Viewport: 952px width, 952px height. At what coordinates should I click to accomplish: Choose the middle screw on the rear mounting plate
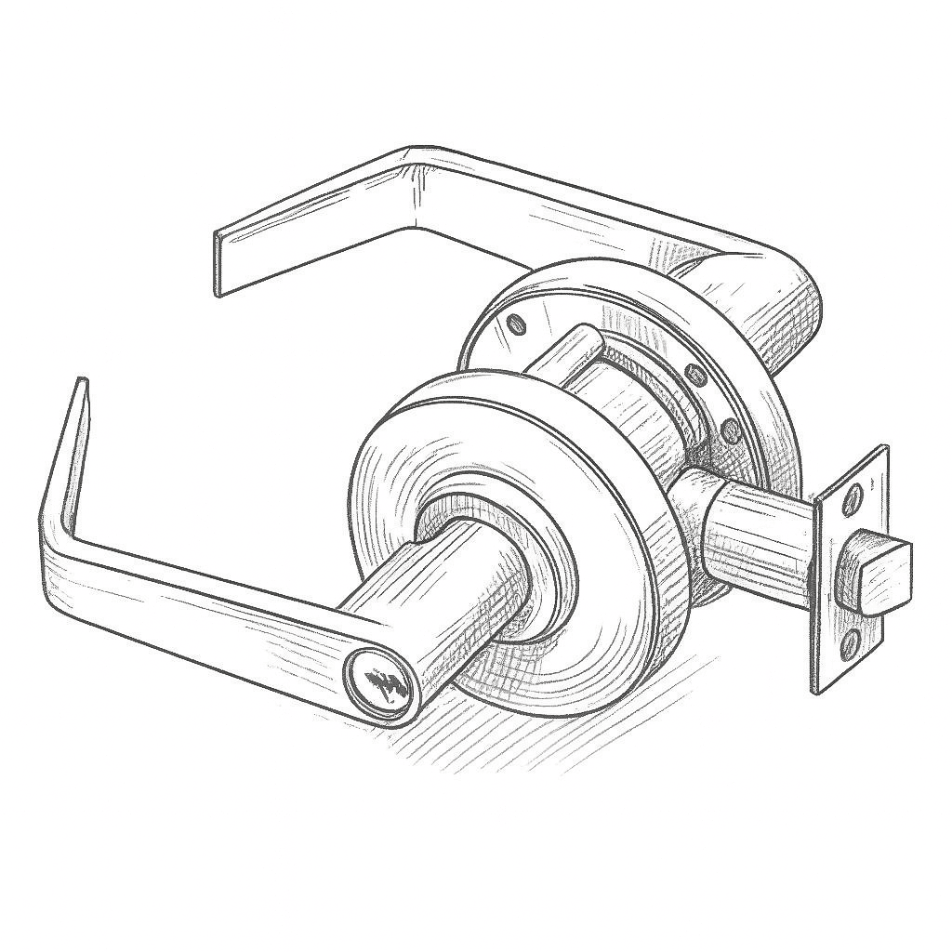point(692,375)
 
